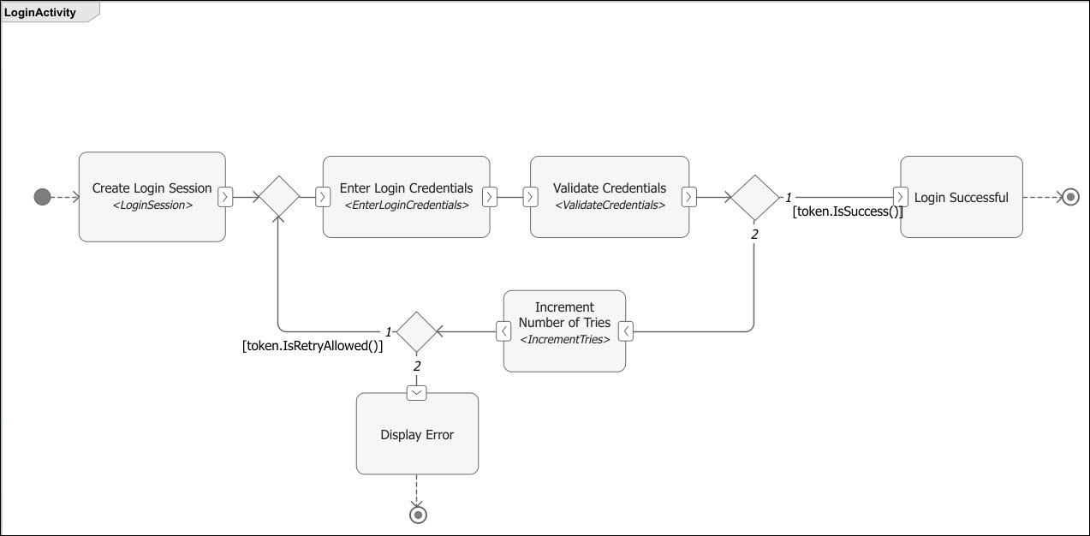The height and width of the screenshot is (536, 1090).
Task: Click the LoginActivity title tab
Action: (x=40, y=13)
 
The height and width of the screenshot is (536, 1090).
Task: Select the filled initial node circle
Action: (x=42, y=197)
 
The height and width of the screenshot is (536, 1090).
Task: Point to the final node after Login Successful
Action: (x=1069, y=197)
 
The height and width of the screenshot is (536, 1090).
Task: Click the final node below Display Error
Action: (x=417, y=515)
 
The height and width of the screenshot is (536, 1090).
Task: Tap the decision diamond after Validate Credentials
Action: (x=754, y=197)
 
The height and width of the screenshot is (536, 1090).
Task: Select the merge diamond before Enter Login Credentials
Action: (x=278, y=197)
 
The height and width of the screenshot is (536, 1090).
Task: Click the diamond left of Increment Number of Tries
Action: (x=417, y=331)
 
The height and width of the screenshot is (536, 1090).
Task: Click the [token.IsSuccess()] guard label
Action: (x=847, y=211)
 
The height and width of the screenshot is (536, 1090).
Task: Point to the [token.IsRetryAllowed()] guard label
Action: (x=313, y=347)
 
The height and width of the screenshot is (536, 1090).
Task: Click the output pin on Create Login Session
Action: (x=224, y=197)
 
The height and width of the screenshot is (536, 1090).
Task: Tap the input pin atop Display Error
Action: (x=417, y=391)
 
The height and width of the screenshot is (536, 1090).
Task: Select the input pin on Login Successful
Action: (x=900, y=197)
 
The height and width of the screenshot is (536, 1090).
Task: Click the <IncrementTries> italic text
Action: (x=564, y=340)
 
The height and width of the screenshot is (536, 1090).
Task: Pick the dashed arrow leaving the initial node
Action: (x=65, y=197)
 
